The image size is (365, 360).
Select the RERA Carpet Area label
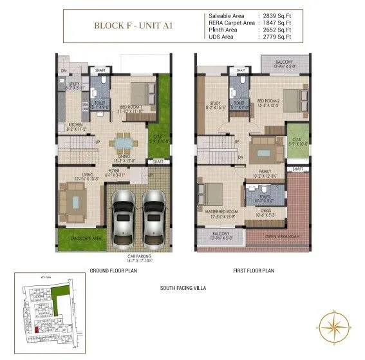point(230,22)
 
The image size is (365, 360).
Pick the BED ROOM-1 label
point(131,109)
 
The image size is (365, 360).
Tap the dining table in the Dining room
point(122,142)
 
